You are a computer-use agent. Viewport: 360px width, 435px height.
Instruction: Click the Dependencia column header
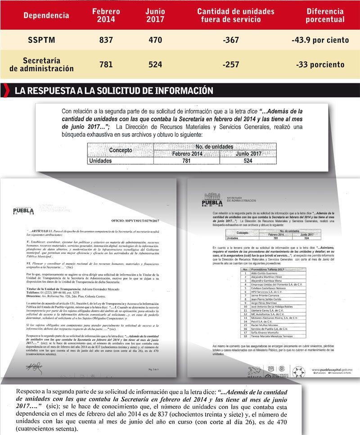pyautogui.click(x=46, y=15)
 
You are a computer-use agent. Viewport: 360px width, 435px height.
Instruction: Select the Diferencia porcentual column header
pyautogui.click(x=325, y=15)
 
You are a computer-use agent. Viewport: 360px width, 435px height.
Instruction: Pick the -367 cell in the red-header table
pyautogui.click(x=231, y=40)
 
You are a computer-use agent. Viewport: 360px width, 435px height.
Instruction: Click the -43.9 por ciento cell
pyautogui.click(x=320, y=40)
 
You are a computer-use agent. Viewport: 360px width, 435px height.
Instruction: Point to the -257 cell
pyautogui.click(x=231, y=64)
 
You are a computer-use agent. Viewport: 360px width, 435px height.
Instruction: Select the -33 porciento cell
pyautogui.click(x=320, y=64)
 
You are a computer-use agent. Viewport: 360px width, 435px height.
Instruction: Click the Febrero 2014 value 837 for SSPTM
pyautogui.click(x=106, y=40)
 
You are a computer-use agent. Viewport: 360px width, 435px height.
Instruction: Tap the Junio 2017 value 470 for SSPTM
pyautogui.click(x=155, y=40)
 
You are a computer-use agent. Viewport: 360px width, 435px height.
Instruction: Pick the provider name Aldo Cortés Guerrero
pyautogui.click(x=262, y=273)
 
